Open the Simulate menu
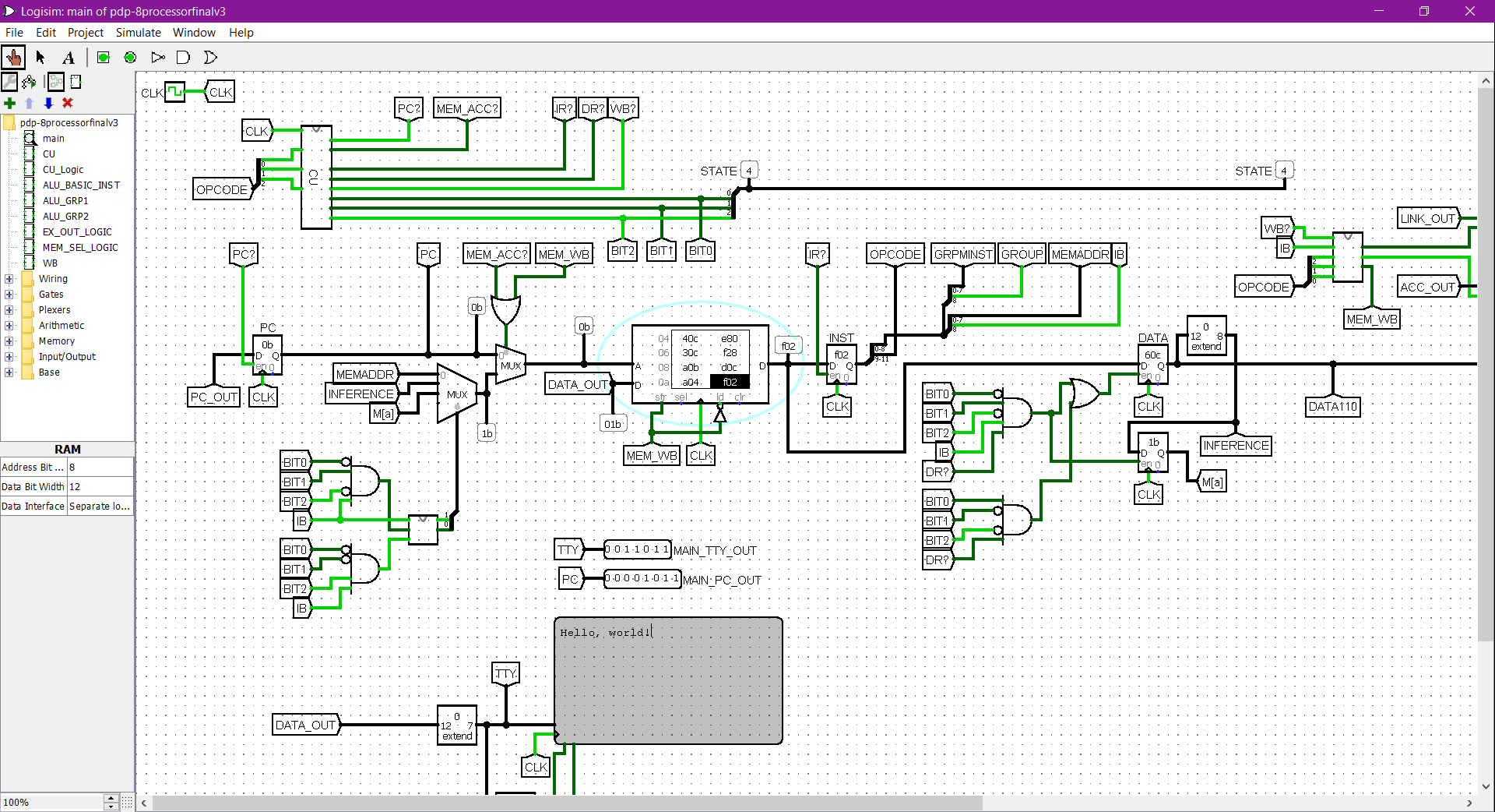138,33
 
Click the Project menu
85,33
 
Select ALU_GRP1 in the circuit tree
65,200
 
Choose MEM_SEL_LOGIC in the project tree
80,247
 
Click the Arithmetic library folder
62,325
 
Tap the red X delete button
68,103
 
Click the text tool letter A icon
69,58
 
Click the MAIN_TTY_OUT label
715,551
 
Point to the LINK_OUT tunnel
1427,219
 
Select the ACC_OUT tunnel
1426,287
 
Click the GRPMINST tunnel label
963,254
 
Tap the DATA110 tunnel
1332,406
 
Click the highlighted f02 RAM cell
730,382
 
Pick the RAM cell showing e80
730,339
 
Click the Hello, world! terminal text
603,633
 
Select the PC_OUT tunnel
214,397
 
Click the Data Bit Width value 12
100,486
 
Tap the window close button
1469,11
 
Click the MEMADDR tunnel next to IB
1079,254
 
